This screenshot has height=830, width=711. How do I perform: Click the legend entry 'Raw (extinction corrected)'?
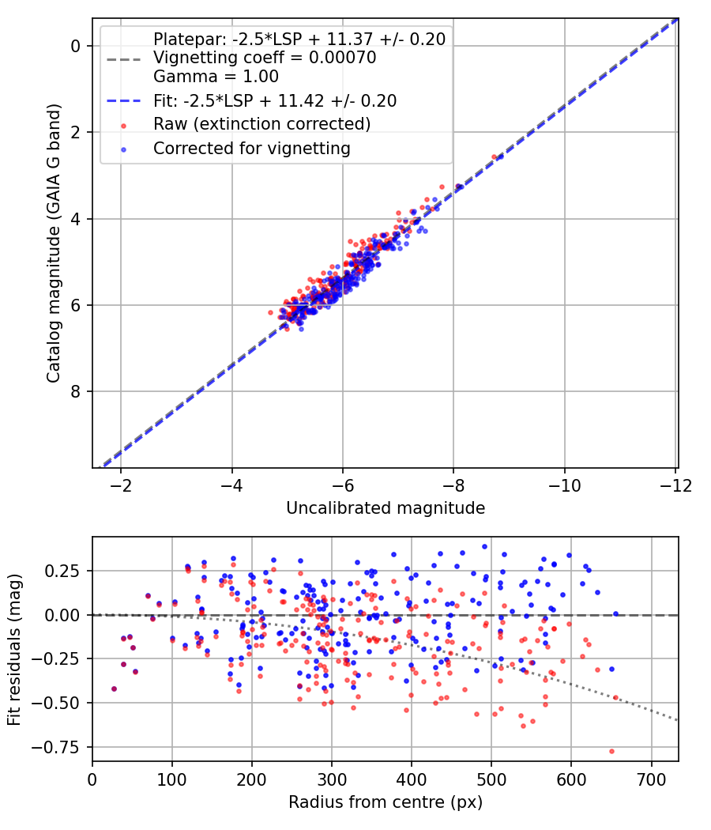click(261, 124)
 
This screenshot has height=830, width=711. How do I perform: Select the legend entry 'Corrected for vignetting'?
click(251, 148)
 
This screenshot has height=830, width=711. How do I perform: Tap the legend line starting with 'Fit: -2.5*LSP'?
click(275, 101)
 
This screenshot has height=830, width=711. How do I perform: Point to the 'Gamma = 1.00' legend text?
click(216, 77)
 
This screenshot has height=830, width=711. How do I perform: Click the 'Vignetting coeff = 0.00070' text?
click(265, 58)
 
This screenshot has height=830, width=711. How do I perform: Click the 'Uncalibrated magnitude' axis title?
click(386, 507)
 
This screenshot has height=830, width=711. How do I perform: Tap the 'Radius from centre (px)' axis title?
click(386, 802)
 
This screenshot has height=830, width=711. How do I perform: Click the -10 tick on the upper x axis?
click(565, 483)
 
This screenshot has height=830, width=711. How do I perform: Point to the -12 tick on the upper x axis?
click(675, 483)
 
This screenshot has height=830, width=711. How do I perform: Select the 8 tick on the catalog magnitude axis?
click(77, 391)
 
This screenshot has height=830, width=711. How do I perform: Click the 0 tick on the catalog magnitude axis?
click(77, 46)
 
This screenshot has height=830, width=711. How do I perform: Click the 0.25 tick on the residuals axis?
click(70, 571)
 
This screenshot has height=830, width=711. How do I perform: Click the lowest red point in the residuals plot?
click(611, 751)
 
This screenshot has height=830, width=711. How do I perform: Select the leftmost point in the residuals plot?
click(114, 689)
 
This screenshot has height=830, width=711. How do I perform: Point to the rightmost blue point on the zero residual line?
click(616, 613)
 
